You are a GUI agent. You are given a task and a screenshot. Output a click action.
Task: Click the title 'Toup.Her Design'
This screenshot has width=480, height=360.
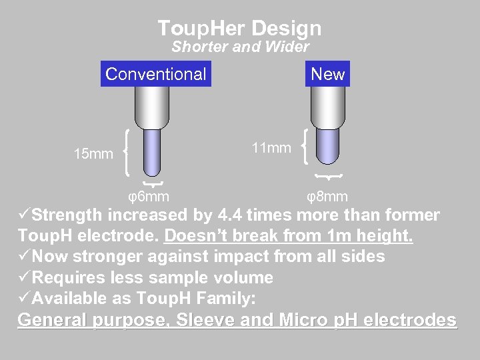point(240,28)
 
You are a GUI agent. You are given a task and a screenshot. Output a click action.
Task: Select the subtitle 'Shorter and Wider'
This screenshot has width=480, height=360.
point(240,47)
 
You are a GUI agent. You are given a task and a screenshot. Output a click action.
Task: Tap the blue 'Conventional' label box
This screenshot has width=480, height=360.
point(156,74)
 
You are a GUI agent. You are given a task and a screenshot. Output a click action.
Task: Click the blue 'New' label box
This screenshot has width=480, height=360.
point(328,74)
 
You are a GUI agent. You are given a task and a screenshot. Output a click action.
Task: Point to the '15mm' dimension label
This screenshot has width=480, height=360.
point(93,155)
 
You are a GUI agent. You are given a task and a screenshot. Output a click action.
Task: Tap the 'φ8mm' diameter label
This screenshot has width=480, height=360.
point(327,197)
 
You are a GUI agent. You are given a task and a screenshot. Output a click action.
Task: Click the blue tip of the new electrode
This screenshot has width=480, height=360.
point(327,145)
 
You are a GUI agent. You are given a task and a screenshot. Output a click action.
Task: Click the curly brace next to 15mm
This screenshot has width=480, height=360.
point(127,154)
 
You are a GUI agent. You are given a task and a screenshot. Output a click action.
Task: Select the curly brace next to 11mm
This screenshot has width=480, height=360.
point(304,147)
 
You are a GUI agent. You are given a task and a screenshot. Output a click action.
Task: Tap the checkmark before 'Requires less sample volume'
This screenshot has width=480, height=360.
point(25,277)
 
